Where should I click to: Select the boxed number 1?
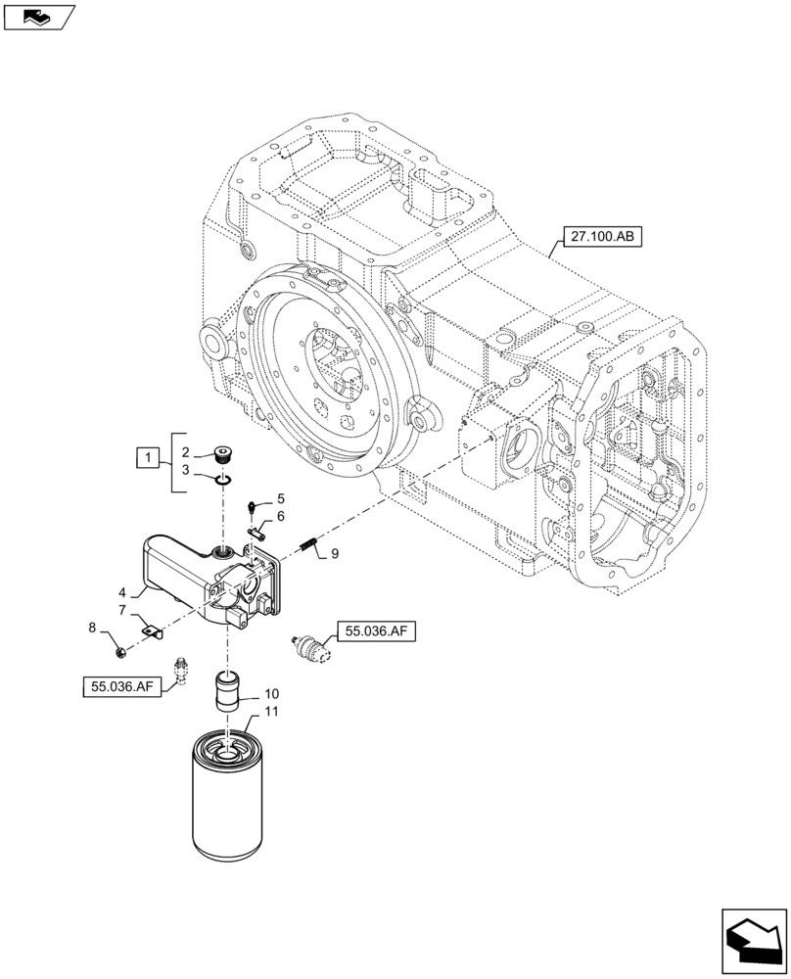click(147, 457)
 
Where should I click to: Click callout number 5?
click(279, 498)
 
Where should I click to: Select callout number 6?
click(280, 516)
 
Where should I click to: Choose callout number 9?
click(334, 554)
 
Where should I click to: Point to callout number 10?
click(271, 693)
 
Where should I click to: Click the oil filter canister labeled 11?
click(227, 803)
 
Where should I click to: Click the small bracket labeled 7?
click(148, 631)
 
